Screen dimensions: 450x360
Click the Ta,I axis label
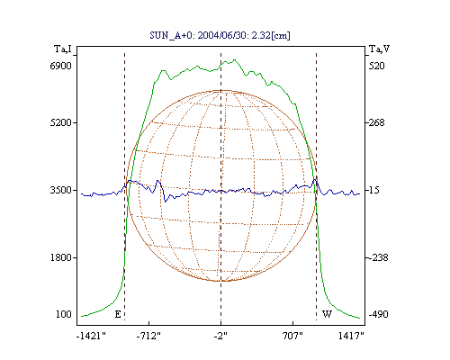(63, 49)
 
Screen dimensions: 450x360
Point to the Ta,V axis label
(380, 49)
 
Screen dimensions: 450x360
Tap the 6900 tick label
(60, 66)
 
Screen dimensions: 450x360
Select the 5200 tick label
(60, 122)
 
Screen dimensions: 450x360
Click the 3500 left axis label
(60, 190)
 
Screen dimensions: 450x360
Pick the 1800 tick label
(60, 257)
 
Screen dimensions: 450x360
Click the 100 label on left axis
(64, 314)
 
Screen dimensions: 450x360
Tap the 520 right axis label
(376, 66)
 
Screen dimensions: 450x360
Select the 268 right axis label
(376, 122)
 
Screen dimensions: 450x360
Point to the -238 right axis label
(378, 257)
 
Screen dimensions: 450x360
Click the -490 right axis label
(378, 314)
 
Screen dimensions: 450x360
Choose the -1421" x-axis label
(91, 336)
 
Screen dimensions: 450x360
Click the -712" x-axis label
(148, 336)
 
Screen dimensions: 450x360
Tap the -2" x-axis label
(220, 336)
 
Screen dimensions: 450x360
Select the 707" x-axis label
(292, 336)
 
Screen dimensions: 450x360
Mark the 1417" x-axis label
(351, 336)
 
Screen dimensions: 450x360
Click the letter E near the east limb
(118, 314)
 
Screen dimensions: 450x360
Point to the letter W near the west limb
(327, 314)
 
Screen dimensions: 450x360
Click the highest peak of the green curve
(235, 59)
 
